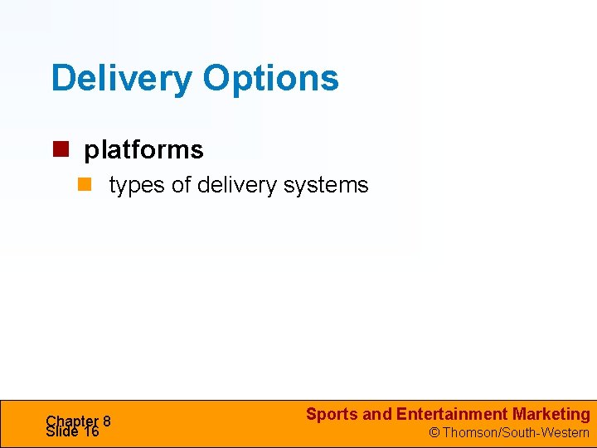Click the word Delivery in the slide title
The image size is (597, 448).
122,78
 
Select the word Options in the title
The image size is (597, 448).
270,80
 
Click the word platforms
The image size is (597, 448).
143,150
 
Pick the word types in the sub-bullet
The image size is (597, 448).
137,186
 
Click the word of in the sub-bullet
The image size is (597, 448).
181,185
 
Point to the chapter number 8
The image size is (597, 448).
107,421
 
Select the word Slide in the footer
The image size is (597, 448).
62,431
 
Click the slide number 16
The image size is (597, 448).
90,431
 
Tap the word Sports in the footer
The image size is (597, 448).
332,414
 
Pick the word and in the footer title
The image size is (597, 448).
377,414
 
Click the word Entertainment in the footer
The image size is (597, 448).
452,414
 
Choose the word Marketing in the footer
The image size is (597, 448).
551,414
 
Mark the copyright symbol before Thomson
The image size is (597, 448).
434,432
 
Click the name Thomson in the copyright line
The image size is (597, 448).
469,432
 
